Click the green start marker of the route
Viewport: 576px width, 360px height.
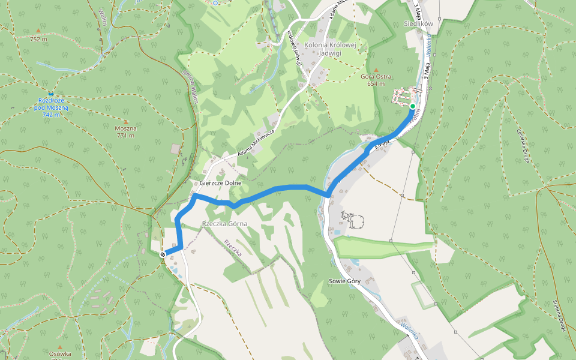(413, 106)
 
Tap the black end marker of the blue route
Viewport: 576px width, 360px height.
(163, 255)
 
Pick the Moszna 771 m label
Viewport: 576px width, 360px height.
(126, 131)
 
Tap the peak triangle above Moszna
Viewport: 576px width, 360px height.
(125, 122)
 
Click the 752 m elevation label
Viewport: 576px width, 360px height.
(38, 39)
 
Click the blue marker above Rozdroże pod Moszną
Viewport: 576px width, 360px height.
(51, 94)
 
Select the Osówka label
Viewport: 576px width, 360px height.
(60, 354)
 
